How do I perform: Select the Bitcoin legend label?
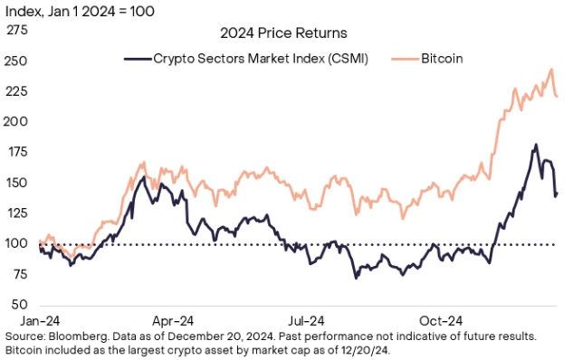442,58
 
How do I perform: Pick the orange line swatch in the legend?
404,58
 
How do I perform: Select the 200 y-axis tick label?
17,121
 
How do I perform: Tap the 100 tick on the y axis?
17,244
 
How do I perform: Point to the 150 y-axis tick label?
17,183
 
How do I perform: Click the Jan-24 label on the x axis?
40,319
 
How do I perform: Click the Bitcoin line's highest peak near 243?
552,70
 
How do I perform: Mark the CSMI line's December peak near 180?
536,145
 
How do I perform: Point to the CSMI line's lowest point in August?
356,277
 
